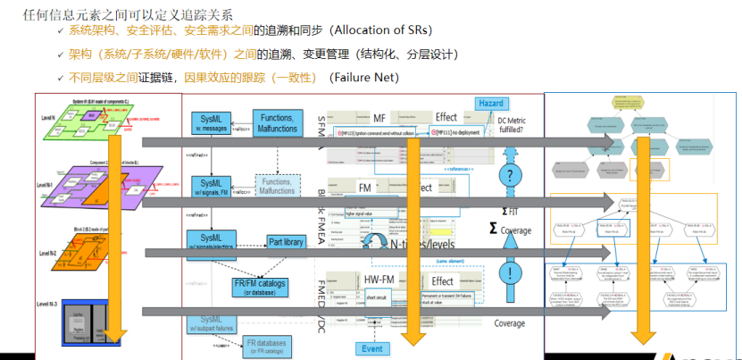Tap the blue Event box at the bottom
[373, 348]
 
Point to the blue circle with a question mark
[510, 175]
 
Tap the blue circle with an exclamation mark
[510, 273]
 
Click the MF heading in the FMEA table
[379, 117]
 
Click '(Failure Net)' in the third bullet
[363, 78]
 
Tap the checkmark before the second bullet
[61, 54]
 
